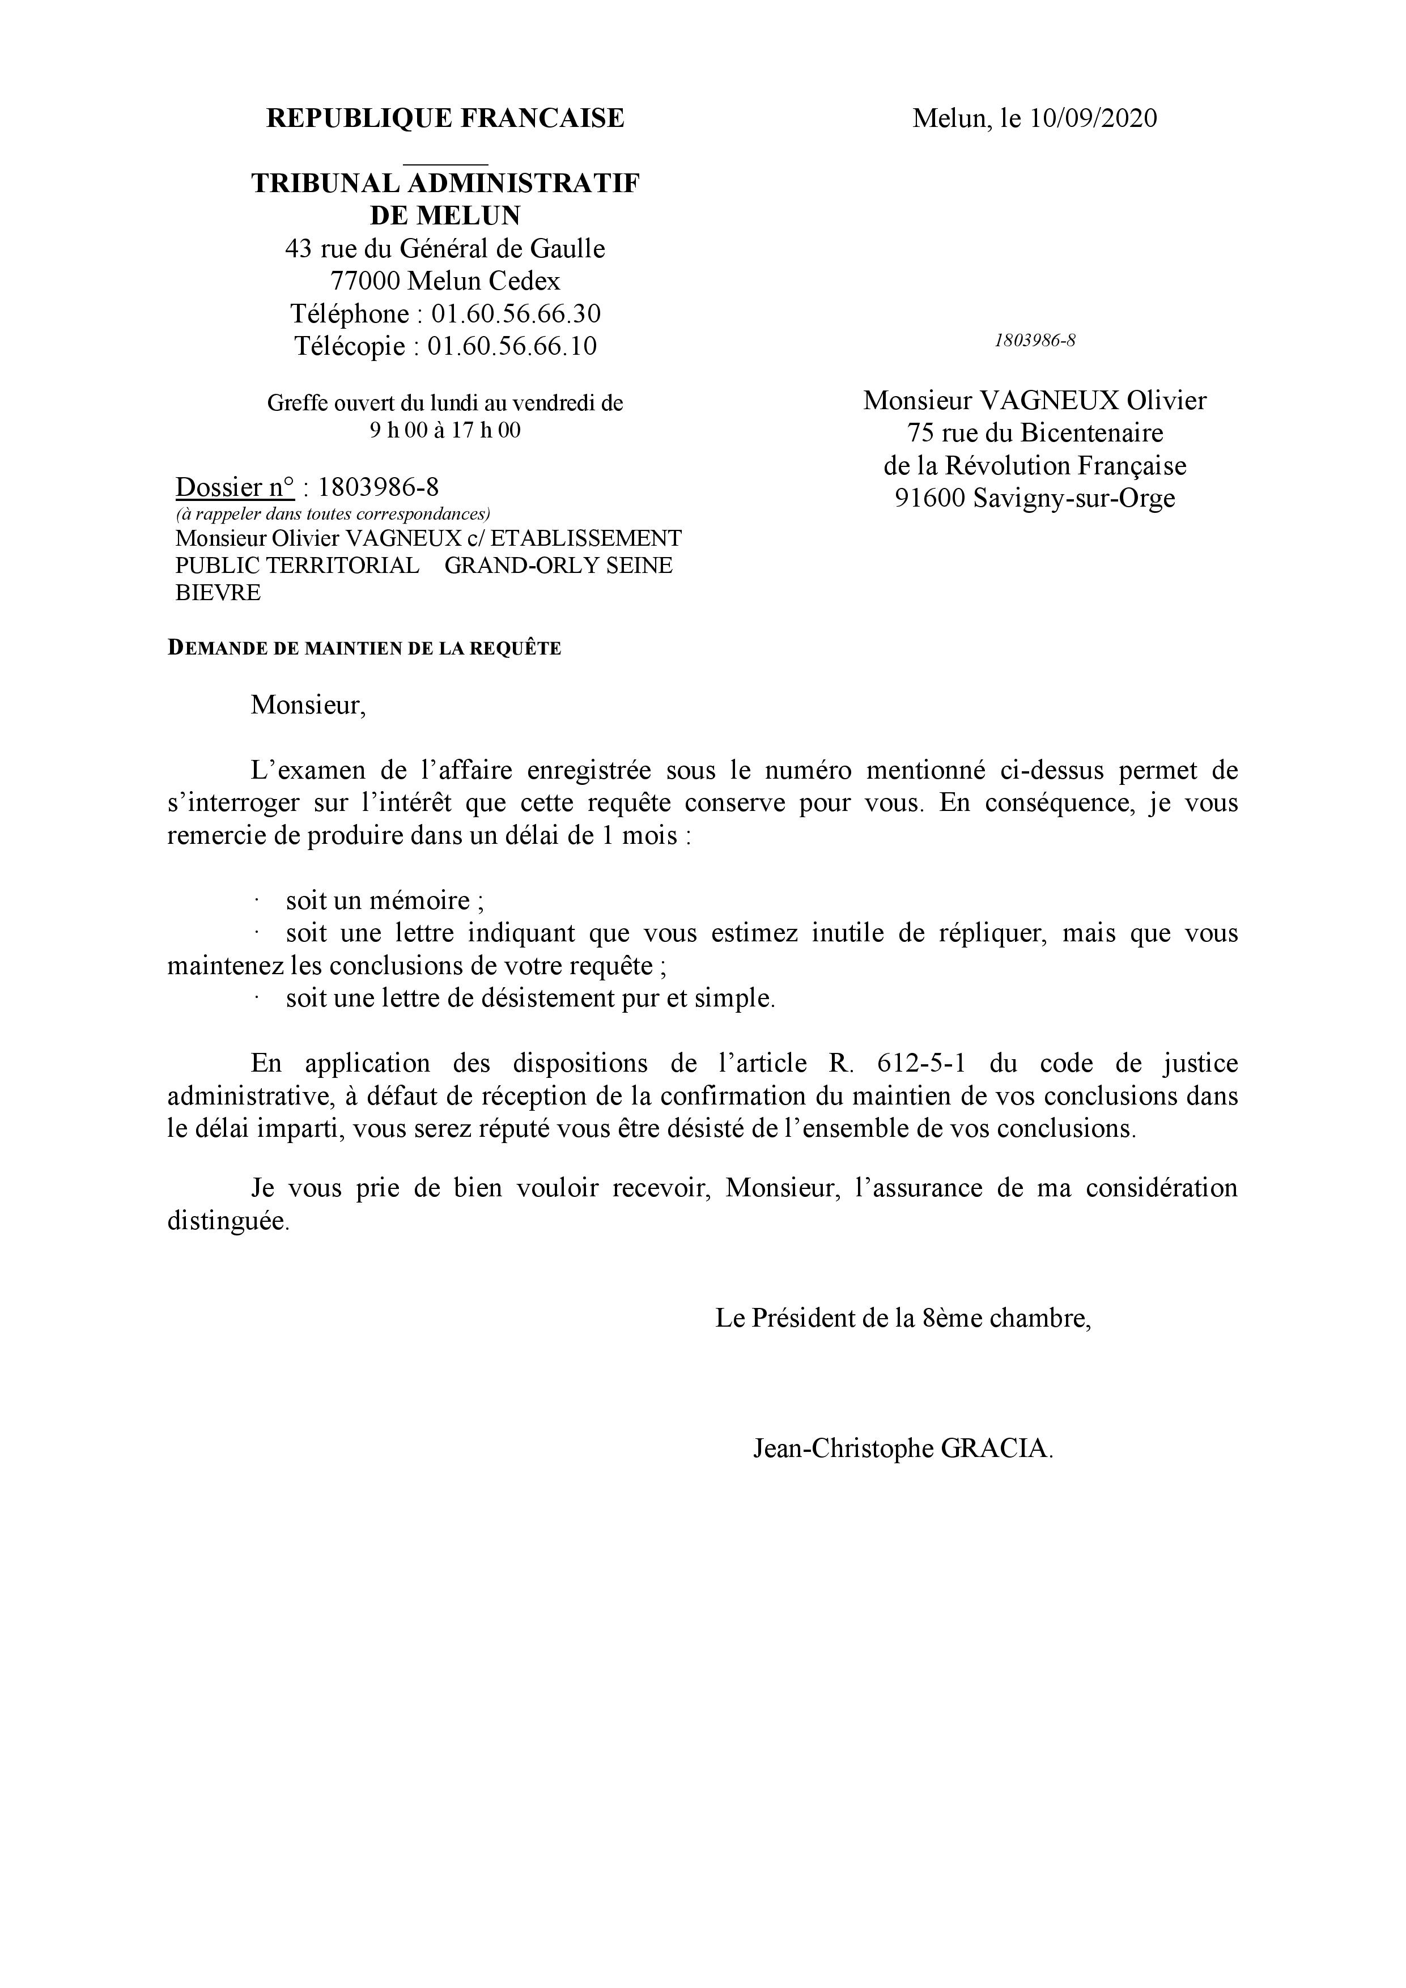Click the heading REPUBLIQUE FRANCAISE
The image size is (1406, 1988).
pos(445,118)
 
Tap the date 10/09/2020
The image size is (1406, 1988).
pos(1093,118)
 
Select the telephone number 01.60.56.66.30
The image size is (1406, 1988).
pos(516,313)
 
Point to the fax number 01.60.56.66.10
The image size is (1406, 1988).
pos(512,346)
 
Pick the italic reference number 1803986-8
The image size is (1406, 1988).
pos(1035,340)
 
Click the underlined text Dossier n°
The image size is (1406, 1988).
pos(235,487)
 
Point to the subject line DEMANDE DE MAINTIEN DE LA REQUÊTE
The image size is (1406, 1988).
pos(364,648)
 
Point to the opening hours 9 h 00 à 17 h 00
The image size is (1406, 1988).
pos(445,430)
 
